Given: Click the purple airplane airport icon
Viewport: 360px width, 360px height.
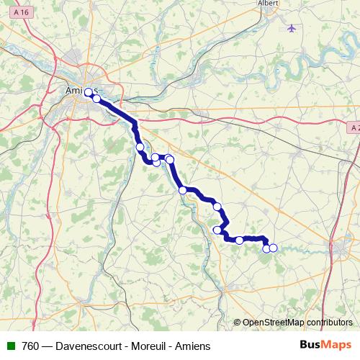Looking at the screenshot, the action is (291, 28).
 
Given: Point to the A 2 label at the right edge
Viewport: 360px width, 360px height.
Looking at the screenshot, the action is (354, 127).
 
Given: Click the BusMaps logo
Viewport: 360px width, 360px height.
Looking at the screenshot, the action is (325, 345).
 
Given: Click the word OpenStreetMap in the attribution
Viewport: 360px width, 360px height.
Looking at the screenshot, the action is (273, 323).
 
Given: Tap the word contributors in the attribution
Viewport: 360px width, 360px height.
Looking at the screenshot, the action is (328, 323).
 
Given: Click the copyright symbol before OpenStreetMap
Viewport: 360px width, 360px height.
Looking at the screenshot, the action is (238, 323).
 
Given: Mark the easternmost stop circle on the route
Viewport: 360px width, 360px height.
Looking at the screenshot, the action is (273, 248).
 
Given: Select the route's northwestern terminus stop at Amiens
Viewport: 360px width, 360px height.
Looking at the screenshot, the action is (89, 92).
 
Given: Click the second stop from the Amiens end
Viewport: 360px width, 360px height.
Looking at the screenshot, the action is (96, 99).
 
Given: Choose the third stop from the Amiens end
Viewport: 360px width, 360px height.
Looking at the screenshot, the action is (140, 147).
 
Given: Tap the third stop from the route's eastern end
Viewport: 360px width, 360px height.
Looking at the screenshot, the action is (239, 240).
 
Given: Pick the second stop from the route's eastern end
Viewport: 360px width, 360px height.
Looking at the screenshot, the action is (266, 248).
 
